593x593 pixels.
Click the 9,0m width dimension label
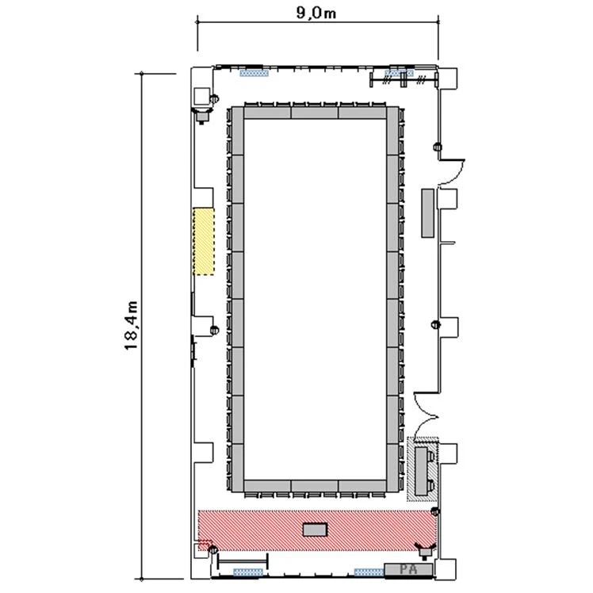(316, 13)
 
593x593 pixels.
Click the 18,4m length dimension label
(131, 326)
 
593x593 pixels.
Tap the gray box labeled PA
(408, 569)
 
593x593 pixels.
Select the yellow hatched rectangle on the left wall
(204, 241)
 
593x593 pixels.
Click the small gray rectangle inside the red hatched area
(315, 530)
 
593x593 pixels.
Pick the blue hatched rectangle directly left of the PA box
(369, 572)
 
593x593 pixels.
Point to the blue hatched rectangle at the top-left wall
(254, 73)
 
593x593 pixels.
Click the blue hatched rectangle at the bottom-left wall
(248, 572)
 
